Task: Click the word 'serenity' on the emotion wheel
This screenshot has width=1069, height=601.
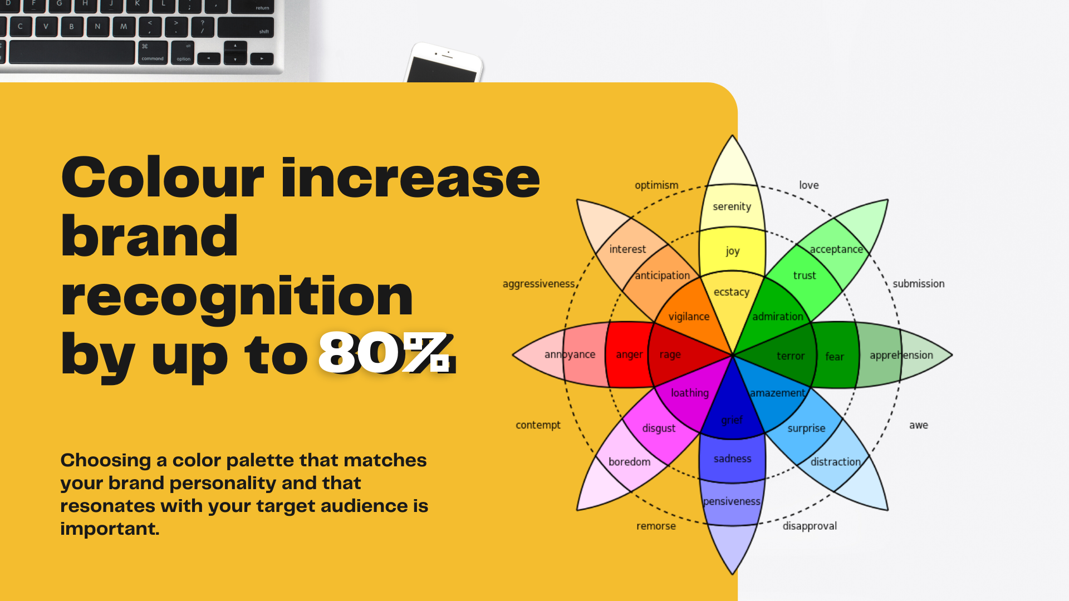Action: (x=732, y=206)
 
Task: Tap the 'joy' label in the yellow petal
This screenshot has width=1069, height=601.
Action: (x=733, y=251)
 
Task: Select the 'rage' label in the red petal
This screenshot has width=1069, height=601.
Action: (x=670, y=355)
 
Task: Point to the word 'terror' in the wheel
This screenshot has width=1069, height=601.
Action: (x=791, y=356)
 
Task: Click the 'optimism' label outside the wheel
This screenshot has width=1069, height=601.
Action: (x=656, y=185)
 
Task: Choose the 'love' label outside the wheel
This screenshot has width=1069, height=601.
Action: (x=809, y=185)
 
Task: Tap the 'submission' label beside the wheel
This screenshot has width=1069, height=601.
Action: (x=919, y=284)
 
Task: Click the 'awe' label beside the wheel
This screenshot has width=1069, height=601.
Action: (x=919, y=425)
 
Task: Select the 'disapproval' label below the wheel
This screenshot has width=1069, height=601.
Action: (x=810, y=526)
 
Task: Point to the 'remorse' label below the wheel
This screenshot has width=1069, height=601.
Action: (x=656, y=526)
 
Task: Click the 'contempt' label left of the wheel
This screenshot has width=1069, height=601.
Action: (x=538, y=425)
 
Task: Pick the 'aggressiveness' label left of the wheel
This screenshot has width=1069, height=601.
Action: (x=538, y=284)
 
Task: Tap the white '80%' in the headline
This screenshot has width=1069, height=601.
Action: (x=384, y=352)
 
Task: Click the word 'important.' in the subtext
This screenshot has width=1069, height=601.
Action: (x=110, y=529)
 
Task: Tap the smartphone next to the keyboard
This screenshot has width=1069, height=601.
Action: (x=444, y=63)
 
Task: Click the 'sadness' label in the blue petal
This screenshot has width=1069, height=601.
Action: (x=733, y=459)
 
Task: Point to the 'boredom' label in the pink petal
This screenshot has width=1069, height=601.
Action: (x=629, y=462)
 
